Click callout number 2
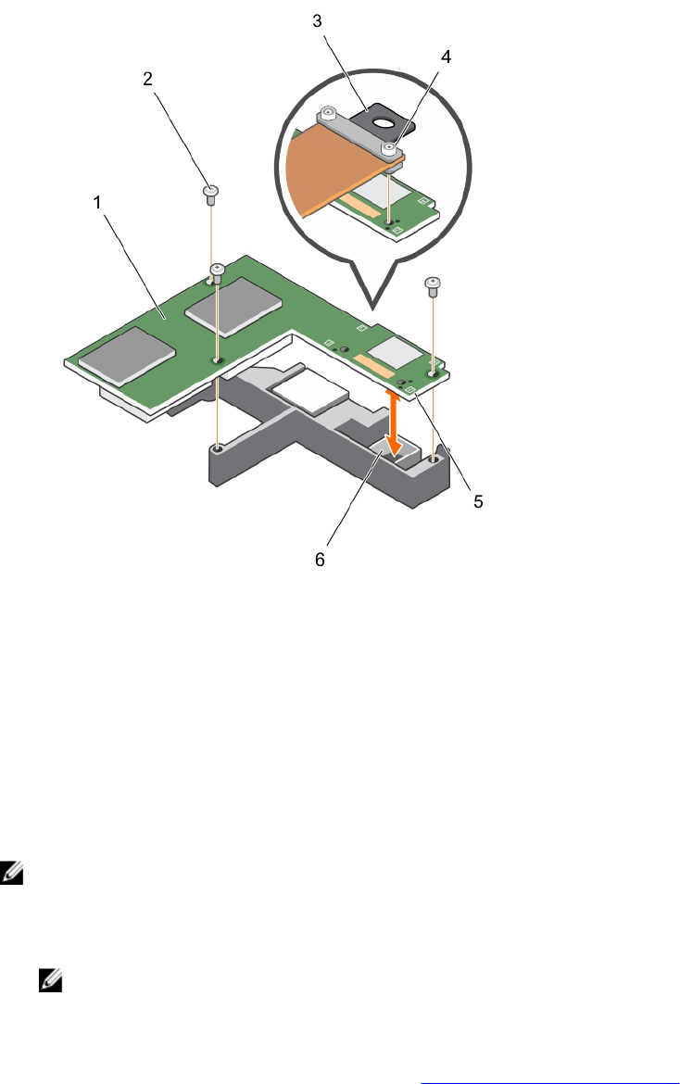pyautogui.click(x=148, y=80)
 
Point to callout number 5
pyautogui.click(x=479, y=502)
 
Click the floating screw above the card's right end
pyautogui.click(x=431, y=284)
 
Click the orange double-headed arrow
pyautogui.click(x=395, y=422)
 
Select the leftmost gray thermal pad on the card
pyautogui.click(x=126, y=356)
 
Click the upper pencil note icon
pyautogui.click(x=12, y=871)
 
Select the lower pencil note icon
pyautogui.click(x=49, y=981)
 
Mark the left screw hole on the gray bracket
pyautogui.click(x=217, y=448)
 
